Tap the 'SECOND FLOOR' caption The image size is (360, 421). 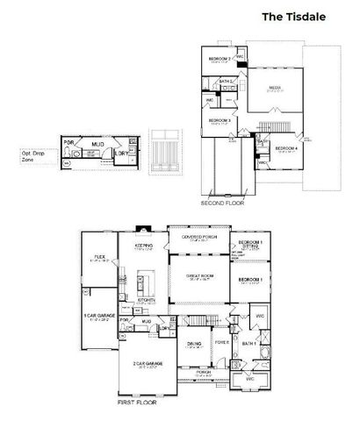point(222,203)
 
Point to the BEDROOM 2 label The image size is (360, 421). point(220,60)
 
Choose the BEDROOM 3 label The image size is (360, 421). point(220,119)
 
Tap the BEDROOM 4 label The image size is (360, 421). point(286,148)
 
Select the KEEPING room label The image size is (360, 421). point(144,245)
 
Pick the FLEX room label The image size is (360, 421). point(100,258)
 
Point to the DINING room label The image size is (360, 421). point(195,343)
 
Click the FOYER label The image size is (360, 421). point(222,341)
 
